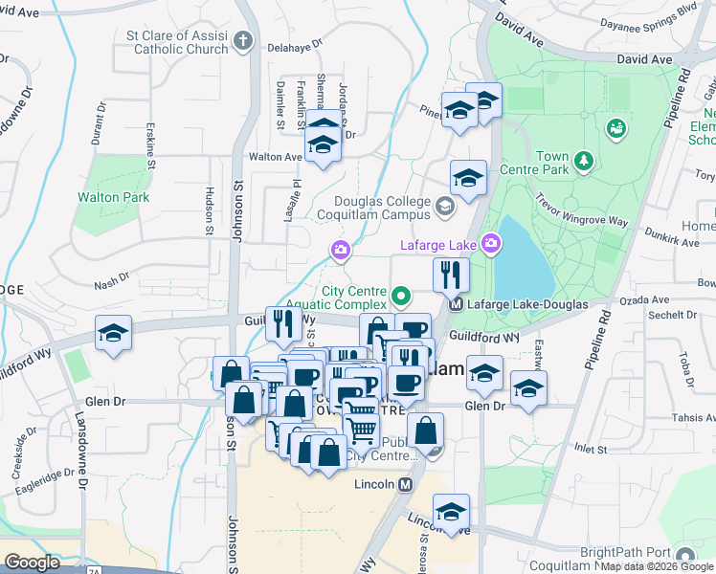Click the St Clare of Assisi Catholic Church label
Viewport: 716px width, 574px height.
tap(177, 42)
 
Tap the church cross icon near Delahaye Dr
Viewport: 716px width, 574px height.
tap(243, 41)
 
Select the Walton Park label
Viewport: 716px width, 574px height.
tap(113, 197)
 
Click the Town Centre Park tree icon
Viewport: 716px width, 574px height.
tap(583, 164)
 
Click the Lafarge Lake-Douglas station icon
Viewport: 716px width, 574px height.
tap(457, 304)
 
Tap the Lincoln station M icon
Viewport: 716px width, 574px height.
tap(406, 484)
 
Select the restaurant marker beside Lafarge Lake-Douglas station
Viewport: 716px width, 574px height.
tap(450, 276)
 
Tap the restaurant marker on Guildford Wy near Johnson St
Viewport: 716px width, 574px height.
tap(281, 323)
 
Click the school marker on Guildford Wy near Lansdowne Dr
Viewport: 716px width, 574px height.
tap(114, 334)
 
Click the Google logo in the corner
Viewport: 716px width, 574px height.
tap(32, 563)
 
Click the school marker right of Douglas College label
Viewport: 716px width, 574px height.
tap(469, 178)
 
